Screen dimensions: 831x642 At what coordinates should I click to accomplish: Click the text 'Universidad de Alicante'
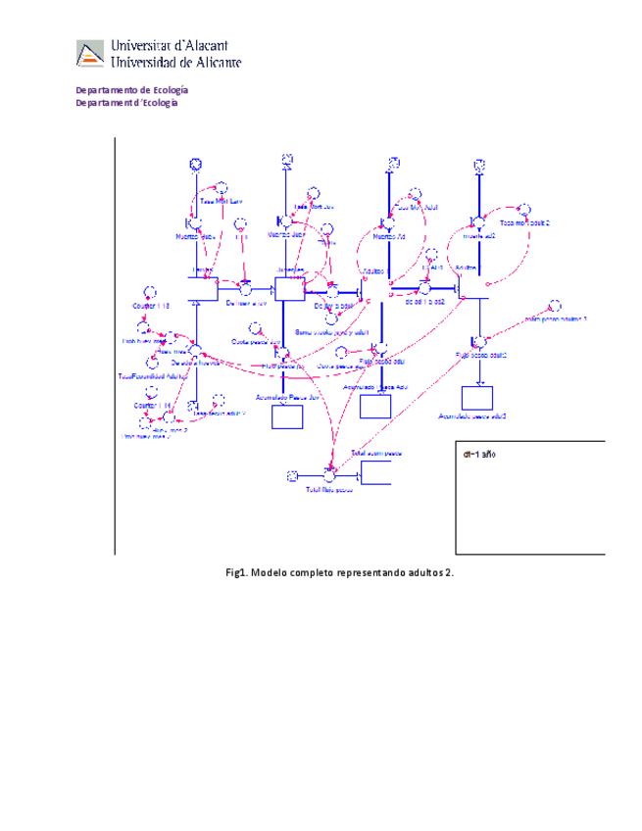tap(176, 62)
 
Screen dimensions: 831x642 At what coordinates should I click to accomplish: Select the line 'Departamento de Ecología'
tap(132, 90)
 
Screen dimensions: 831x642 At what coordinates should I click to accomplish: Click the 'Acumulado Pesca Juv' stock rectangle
tap(287, 415)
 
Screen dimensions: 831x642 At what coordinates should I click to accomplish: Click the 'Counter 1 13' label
tap(151, 306)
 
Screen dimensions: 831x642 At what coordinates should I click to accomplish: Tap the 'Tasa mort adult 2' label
tap(524, 222)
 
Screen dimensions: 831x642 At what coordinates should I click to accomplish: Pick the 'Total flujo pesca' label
tap(328, 489)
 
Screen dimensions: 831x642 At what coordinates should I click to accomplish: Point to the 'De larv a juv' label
tap(246, 303)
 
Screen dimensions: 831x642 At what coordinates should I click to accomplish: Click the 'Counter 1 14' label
tap(153, 405)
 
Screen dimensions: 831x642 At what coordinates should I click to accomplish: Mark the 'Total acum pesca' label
tap(376, 454)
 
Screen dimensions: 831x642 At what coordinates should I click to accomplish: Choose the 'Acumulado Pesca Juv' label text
tap(287, 398)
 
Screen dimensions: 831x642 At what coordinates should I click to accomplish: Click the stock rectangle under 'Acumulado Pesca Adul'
tap(375, 406)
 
